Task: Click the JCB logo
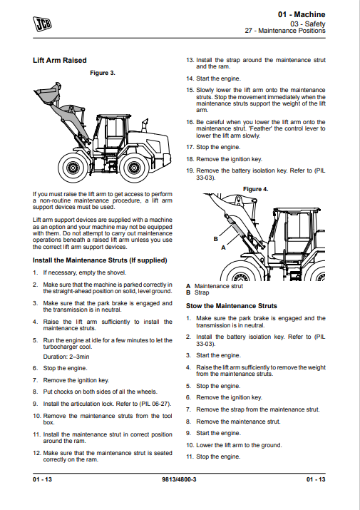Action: point(42,24)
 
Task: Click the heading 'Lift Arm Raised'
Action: point(59,61)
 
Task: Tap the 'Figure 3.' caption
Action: point(103,73)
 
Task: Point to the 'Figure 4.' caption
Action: point(256,189)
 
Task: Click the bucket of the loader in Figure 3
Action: point(48,93)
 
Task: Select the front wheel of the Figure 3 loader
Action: point(73,168)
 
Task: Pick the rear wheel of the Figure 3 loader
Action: point(134,168)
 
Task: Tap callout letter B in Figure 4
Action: point(215,239)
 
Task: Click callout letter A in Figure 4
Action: point(223,248)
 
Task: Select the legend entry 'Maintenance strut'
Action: point(219,286)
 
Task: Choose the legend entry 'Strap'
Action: point(202,292)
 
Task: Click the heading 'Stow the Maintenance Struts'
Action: point(232,306)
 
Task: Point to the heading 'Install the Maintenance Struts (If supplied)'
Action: point(100,260)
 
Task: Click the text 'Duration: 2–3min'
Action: point(66,357)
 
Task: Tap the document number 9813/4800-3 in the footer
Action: point(179,479)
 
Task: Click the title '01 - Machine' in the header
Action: point(302,15)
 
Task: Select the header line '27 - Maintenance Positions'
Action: point(285,31)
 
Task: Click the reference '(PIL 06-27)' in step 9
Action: point(155,404)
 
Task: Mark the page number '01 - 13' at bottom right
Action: point(316,479)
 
